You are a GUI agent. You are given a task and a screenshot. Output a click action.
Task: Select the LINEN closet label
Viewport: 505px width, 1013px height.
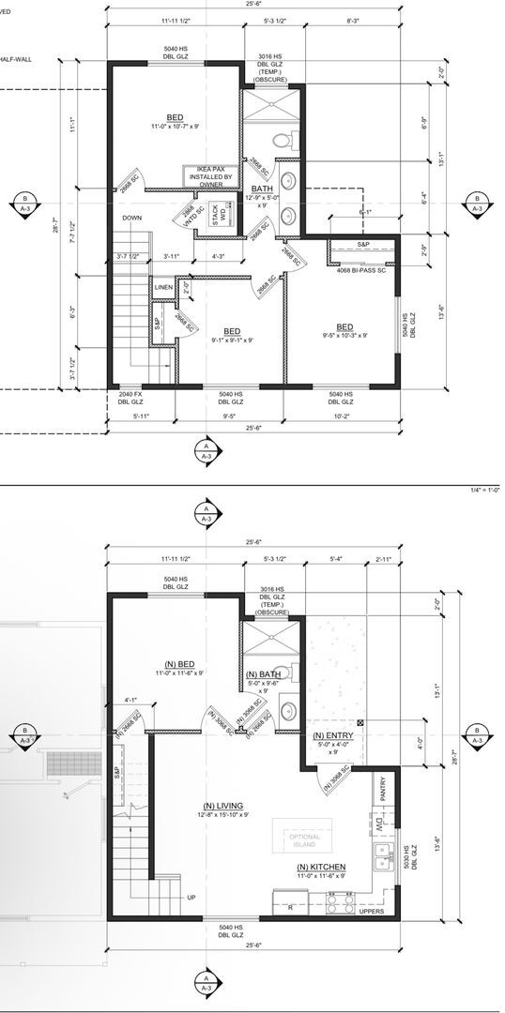pos(163,286)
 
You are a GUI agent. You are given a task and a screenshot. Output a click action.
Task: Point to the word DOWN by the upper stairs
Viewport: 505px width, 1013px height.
pos(131,219)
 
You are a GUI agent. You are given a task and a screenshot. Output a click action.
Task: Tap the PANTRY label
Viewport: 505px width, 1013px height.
pos(383,791)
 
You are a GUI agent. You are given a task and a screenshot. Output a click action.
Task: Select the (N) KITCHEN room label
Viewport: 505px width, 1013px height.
pos(322,871)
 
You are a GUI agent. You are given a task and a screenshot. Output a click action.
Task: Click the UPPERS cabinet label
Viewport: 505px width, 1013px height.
pos(373,910)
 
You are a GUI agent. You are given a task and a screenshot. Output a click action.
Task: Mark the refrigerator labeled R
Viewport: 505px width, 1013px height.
pos(290,906)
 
